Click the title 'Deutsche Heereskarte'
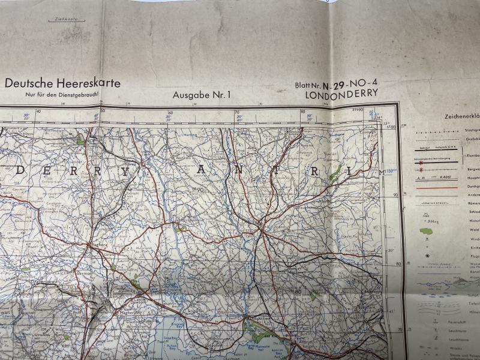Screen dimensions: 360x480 63,83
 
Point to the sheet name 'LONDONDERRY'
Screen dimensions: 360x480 341,94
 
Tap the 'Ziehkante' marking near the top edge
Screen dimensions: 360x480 66,20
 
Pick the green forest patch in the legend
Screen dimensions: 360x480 427,231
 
